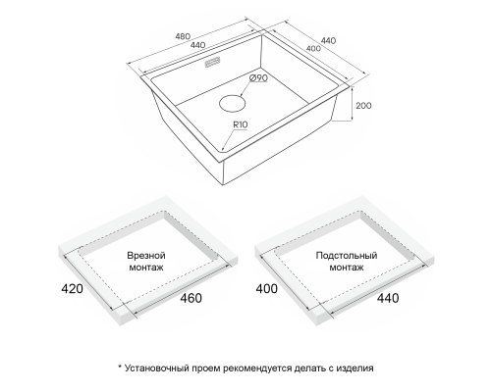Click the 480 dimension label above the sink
tap(183, 36)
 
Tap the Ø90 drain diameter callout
tap(258, 78)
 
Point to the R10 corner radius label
tap(241, 124)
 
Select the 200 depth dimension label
tap(363, 106)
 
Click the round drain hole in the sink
tap(232, 104)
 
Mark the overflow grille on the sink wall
tap(212, 62)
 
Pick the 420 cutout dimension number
tap(72, 289)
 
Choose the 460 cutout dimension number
tap(191, 298)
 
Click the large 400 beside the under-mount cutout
tap(266, 289)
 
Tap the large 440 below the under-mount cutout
tap(388, 298)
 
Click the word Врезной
tap(146, 255)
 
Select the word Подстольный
tap(347, 255)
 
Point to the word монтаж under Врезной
tap(146, 268)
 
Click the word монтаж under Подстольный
tap(347, 268)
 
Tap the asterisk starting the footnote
tap(120, 367)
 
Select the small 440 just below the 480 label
tap(197, 45)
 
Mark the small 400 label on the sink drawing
tap(313, 48)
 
